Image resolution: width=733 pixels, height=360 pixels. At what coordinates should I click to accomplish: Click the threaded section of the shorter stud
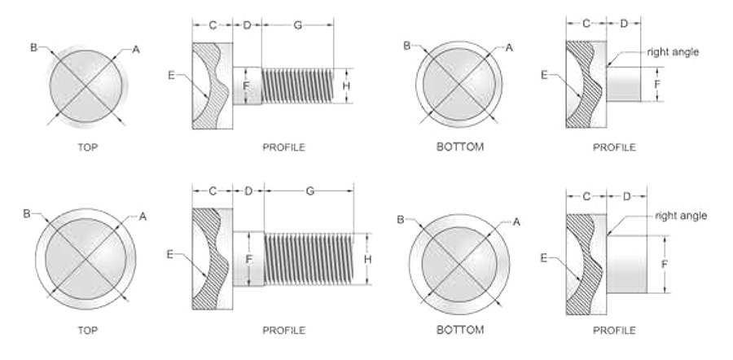297,86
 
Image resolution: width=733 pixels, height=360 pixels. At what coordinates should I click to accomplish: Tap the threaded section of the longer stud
309,259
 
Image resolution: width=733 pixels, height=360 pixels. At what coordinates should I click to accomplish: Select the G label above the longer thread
309,191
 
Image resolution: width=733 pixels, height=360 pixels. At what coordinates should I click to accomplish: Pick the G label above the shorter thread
298,25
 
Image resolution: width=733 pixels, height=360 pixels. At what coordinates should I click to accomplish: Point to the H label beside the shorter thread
346,86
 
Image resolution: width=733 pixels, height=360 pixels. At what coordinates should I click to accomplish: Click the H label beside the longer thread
368,259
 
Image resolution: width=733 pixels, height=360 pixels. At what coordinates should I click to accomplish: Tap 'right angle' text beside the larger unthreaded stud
681,216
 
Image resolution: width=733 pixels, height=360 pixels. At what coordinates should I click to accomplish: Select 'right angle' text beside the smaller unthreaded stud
673,52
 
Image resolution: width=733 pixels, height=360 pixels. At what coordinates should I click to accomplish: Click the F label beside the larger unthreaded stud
665,264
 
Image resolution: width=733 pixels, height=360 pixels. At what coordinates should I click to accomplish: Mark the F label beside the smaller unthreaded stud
657,85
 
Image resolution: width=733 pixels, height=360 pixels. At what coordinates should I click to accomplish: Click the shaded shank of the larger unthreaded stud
627,264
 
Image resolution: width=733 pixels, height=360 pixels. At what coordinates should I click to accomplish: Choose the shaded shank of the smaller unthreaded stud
624,84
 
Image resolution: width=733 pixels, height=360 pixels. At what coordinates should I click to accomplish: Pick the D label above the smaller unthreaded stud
624,24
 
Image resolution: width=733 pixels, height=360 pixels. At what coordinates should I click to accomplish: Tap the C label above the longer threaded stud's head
213,191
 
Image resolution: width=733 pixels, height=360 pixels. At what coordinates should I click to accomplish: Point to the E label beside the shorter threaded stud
171,75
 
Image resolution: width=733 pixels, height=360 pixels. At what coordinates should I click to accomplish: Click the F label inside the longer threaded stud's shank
248,258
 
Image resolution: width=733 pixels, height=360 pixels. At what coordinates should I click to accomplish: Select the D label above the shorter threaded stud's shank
247,25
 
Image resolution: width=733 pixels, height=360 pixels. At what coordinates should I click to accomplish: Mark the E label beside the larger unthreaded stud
544,257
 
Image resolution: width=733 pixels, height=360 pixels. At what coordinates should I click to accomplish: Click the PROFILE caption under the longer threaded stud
283,330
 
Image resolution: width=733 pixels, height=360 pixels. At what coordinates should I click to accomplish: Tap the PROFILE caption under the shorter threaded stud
283,147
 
